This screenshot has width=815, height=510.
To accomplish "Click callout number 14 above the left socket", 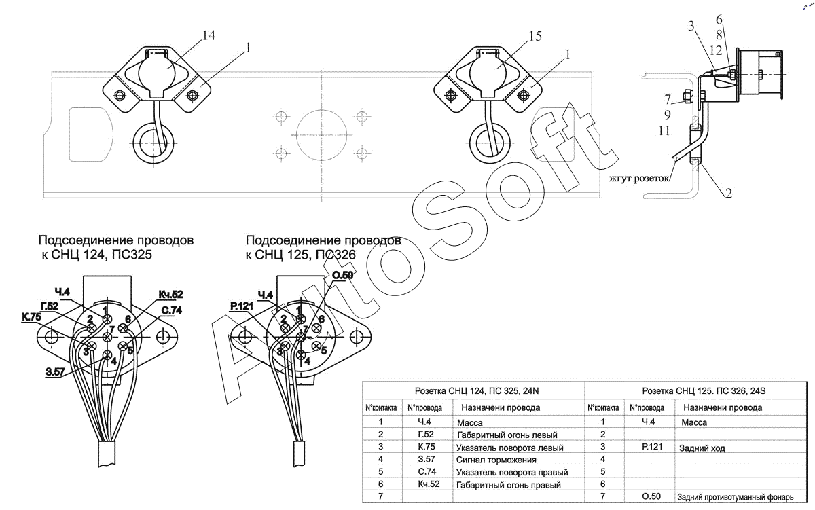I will (209, 37).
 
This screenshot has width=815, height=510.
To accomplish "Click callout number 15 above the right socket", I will (535, 37).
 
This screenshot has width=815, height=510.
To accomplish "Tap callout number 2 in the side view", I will (727, 193).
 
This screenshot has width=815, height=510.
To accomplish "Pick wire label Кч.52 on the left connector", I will (170, 294).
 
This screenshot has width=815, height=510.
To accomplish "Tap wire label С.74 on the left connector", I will (173, 311).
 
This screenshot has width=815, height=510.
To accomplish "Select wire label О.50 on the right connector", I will (342, 275).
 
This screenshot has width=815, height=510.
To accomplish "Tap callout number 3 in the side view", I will (691, 27).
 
